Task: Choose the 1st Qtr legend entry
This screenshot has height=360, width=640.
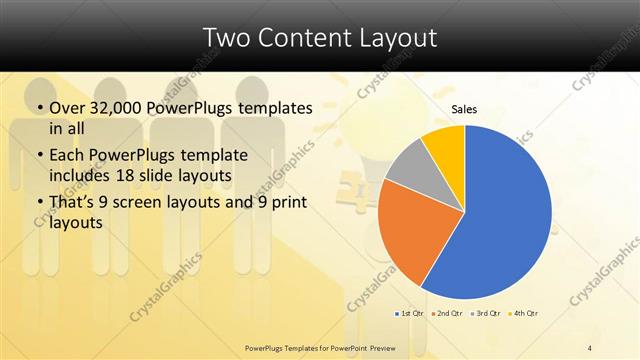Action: (411, 313)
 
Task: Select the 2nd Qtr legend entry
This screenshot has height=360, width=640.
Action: (449, 313)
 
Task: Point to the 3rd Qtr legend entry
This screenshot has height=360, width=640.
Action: (487, 313)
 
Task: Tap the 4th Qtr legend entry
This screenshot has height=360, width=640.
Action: (525, 313)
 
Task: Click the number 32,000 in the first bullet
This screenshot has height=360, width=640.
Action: (116, 108)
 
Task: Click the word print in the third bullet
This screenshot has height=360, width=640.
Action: (286, 204)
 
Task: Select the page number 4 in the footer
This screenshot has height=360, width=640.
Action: (590, 347)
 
